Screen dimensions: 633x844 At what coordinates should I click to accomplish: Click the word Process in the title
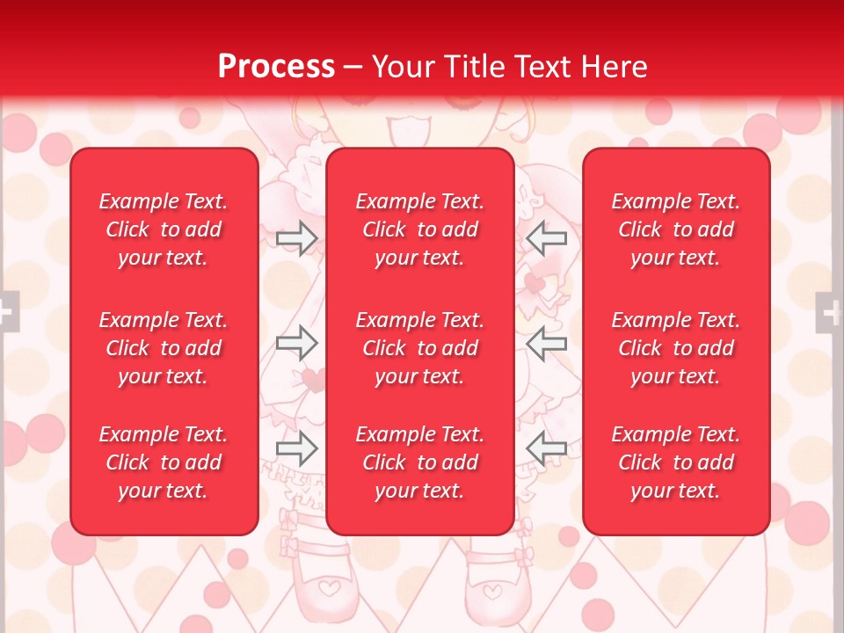point(276,67)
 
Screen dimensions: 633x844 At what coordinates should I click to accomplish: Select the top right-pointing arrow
point(296,237)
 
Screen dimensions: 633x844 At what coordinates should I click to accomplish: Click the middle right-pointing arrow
point(296,343)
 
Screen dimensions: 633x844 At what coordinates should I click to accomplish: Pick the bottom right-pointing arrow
point(296,448)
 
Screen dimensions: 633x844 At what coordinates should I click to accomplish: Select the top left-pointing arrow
point(547,237)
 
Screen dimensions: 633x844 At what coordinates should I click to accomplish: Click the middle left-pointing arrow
point(547,343)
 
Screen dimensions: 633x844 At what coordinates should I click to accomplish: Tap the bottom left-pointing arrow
point(547,448)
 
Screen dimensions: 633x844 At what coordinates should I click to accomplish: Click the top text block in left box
point(164,229)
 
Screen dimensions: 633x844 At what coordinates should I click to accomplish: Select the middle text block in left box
point(164,348)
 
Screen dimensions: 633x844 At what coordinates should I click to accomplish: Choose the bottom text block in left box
point(164,462)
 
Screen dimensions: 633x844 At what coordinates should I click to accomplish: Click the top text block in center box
point(419,229)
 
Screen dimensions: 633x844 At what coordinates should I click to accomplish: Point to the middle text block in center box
point(419,348)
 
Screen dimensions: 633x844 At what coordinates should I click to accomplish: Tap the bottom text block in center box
point(419,462)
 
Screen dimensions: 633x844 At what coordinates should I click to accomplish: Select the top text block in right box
point(675,229)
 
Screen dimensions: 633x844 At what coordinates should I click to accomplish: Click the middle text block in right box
point(675,348)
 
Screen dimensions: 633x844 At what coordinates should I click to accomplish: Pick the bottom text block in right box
point(675,462)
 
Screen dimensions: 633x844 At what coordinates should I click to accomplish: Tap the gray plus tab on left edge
point(8,311)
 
